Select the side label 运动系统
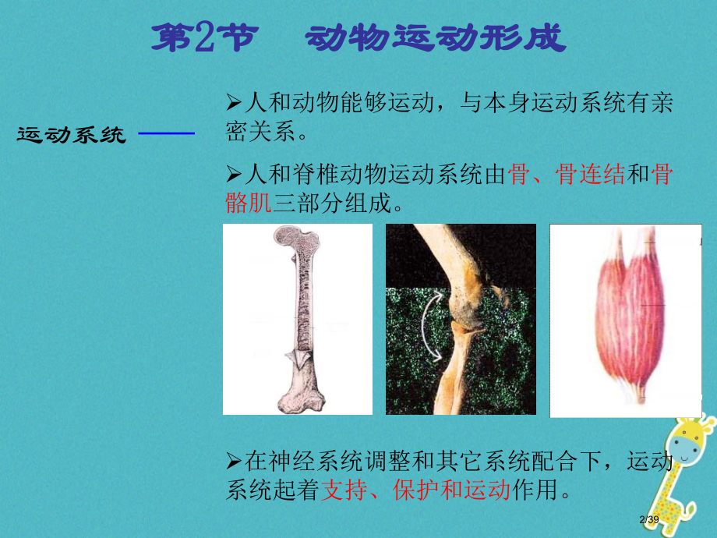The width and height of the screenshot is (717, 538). (x=71, y=136)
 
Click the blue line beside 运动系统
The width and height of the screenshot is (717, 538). (x=165, y=134)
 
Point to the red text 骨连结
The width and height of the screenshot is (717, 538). (x=590, y=175)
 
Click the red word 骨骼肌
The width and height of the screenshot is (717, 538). (x=248, y=204)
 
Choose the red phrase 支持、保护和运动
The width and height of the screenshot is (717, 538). (x=415, y=490)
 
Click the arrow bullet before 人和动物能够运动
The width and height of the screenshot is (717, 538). (x=232, y=102)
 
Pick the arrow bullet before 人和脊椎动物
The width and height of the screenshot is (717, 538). (x=232, y=175)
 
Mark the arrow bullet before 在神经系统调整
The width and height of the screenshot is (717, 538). (x=232, y=462)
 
